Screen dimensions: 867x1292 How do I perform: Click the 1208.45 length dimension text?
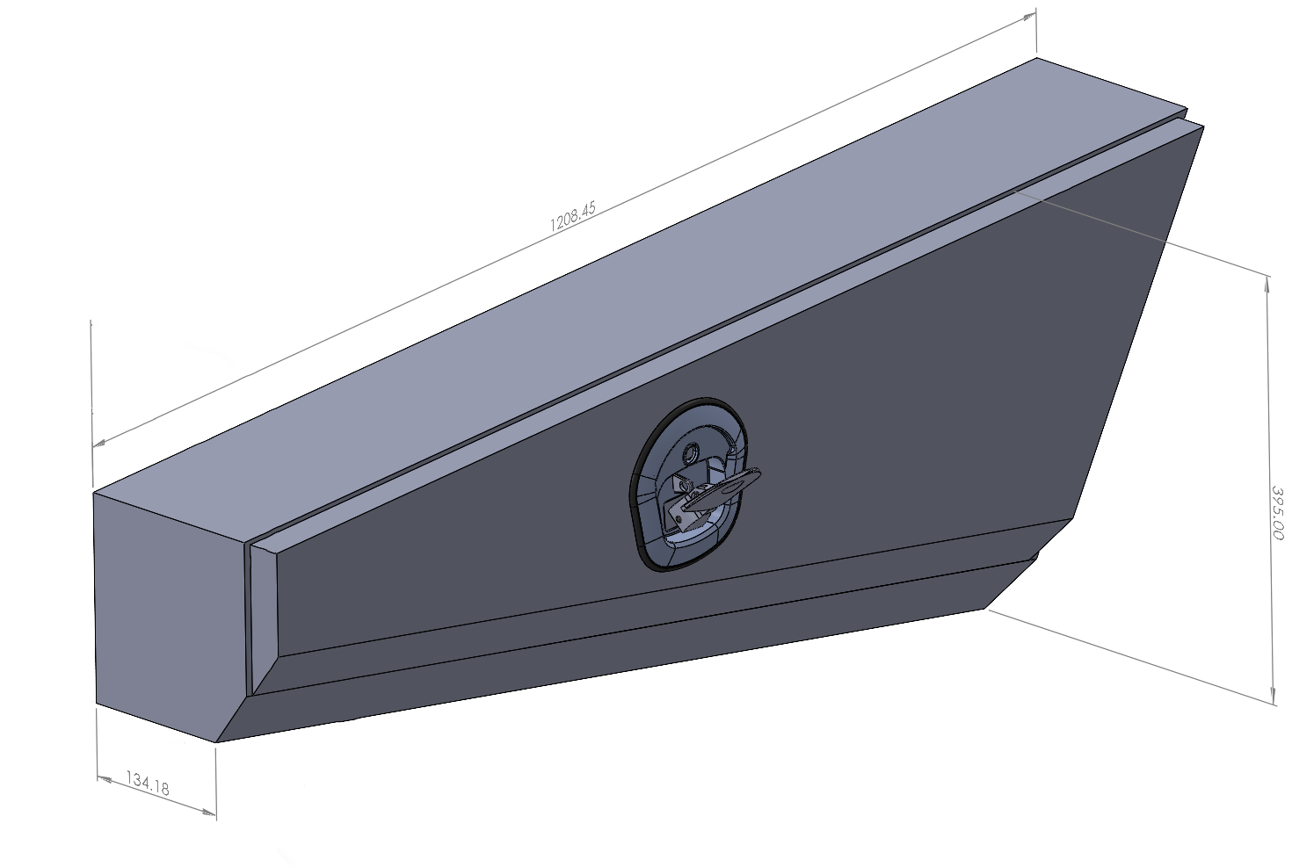[572, 216]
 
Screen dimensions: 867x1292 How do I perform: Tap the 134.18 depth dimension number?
[148, 783]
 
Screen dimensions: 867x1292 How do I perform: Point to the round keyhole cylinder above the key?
[691, 452]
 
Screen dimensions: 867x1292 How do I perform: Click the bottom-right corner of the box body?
[987, 607]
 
